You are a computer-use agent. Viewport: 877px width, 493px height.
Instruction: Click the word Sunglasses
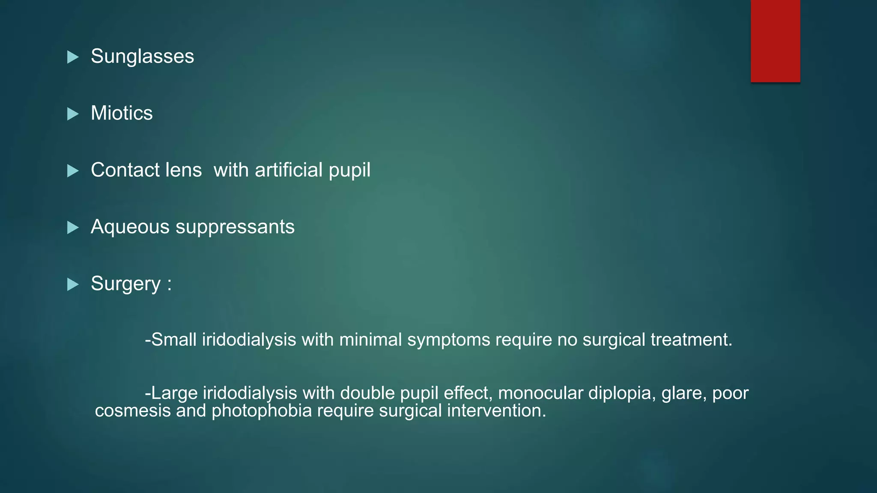tap(142, 56)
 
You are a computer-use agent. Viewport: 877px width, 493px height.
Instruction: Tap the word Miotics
tap(122, 113)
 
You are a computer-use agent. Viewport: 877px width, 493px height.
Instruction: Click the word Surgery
tap(126, 284)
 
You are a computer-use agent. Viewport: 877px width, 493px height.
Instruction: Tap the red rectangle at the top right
tap(775, 41)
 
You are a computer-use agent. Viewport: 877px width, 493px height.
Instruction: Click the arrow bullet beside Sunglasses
tap(73, 57)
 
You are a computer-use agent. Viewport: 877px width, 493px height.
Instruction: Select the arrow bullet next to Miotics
tap(73, 114)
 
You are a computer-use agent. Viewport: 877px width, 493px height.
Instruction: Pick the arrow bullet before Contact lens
tap(73, 171)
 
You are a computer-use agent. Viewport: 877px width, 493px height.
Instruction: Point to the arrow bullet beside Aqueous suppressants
tap(73, 228)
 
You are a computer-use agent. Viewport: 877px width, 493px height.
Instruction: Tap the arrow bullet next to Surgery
tap(73, 284)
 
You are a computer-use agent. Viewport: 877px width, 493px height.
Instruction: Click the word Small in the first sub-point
tap(174, 340)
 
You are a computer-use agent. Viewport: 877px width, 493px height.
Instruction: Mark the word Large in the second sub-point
tap(174, 393)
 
